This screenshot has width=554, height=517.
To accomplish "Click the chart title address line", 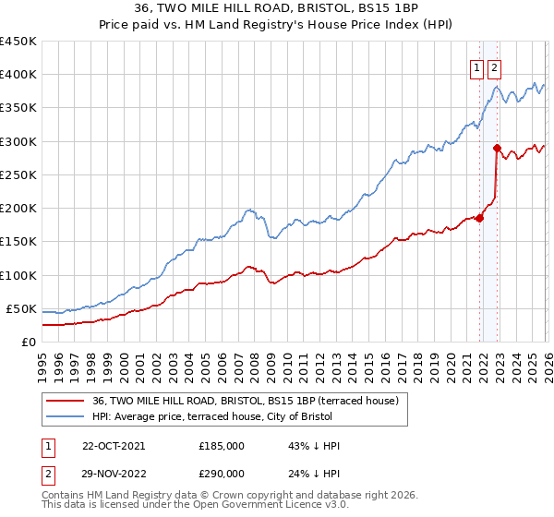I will point(277,9).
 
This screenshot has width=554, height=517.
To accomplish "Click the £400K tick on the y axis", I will point(18,75).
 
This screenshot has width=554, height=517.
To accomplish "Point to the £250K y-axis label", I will point(18,174).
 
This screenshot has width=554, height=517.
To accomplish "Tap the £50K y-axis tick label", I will point(21,308).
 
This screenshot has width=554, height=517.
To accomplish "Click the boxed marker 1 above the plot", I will point(477,67).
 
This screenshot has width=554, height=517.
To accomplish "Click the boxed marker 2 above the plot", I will point(494,67).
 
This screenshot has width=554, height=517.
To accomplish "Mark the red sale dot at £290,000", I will point(498,148).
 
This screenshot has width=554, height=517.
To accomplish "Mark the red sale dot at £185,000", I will point(480,218).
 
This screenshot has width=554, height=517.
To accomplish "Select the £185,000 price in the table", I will point(222,446).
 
